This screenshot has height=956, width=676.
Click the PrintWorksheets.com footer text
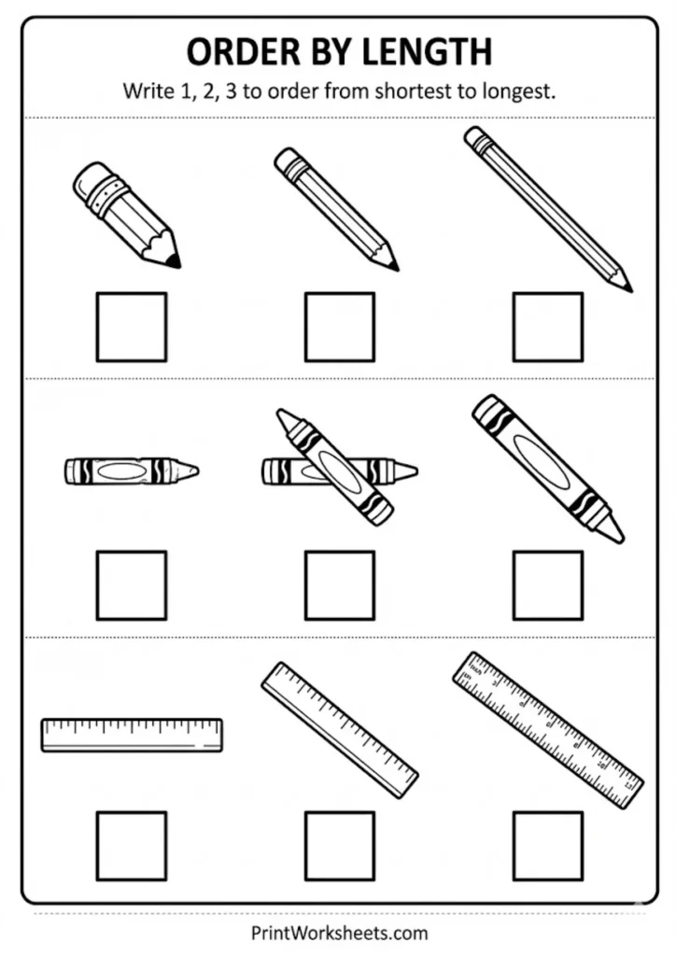tap(339, 932)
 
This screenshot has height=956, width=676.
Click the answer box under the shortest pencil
tap(132, 327)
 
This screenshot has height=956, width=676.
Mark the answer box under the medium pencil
tap(340, 327)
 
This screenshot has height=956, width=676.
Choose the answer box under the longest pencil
tap(548, 327)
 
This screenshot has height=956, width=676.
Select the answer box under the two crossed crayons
tap(340, 585)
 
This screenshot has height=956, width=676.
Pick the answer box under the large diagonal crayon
tap(548, 585)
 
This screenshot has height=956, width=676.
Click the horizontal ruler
tap(132, 735)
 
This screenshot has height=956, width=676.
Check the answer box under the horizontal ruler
tap(132, 845)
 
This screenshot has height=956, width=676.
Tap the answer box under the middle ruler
tap(340, 845)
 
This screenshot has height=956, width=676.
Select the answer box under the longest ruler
tap(548, 845)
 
